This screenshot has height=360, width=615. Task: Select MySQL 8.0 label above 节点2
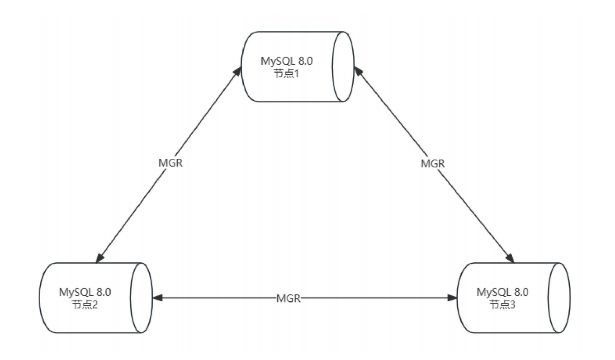point(85,292)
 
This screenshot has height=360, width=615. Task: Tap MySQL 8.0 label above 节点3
point(502,292)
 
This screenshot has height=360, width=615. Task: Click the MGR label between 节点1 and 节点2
point(170,163)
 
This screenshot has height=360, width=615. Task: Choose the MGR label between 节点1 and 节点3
point(433,164)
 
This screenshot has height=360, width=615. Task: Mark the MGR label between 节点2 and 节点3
point(288,298)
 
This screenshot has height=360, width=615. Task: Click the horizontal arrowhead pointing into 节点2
point(157,298)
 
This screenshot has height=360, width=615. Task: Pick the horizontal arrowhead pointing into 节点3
point(452,298)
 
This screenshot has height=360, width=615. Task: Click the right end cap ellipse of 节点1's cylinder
point(343,66)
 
